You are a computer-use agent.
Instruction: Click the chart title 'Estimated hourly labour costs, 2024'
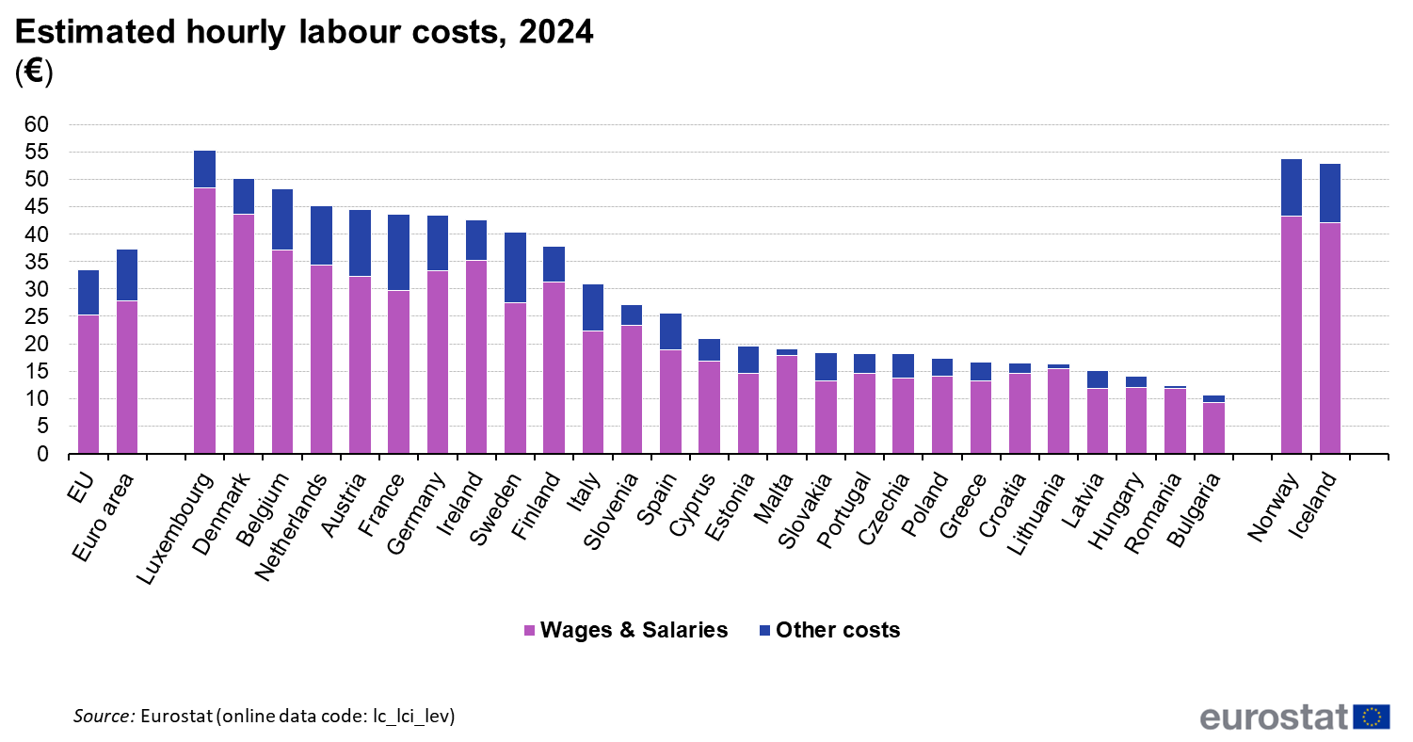(x=304, y=32)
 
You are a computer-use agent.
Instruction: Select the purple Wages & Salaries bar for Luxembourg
(x=204, y=320)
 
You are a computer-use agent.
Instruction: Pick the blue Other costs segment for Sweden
(x=515, y=267)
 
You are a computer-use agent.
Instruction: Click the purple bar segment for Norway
(x=1292, y=334)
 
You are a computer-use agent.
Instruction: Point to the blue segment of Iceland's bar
(x=1330, y=193)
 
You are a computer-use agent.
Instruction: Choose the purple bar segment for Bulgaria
(x=1213, y=428)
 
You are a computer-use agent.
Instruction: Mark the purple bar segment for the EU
(x=88, y=384)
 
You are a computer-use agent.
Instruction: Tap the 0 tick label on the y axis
(x=42, y=454)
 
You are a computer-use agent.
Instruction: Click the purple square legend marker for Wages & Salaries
(x=529, y=631)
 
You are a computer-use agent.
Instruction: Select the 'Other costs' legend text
(x=838, y=630)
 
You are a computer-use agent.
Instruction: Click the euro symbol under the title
(x=34, y=72)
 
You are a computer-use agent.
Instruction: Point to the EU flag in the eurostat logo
(x=1372, y=717)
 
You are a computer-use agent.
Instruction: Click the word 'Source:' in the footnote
(x=104, y=717)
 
